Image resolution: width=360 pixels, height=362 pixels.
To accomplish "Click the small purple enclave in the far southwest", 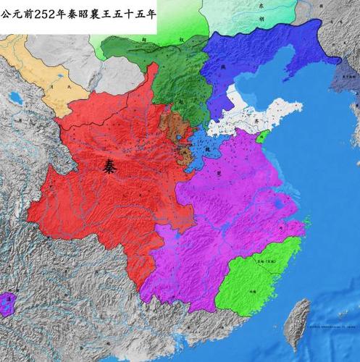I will click(x=8, y=303).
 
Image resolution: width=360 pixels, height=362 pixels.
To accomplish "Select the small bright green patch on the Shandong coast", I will click(x=264, y=136).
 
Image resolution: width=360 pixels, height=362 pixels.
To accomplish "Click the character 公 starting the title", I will click(x=7, y=12).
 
